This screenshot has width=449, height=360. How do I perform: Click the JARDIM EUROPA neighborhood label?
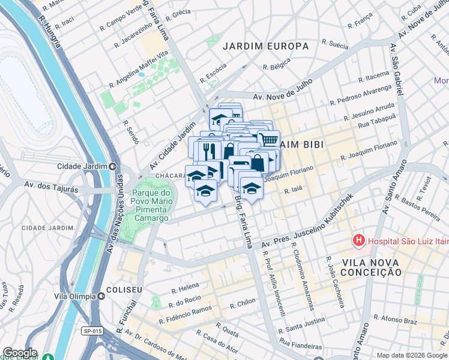coord(265,46)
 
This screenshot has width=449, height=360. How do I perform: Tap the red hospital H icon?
coord(359,241)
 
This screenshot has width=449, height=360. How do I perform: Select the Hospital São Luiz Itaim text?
coord(405,241)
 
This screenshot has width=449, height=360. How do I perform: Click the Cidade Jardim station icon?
coord(112,166)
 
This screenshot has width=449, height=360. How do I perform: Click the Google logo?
coord(20,353)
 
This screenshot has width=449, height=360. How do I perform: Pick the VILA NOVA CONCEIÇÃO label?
coord(372,267)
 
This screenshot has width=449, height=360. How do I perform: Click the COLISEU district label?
coord(124,290)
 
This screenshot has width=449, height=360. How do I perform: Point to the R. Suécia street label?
coord(335,43)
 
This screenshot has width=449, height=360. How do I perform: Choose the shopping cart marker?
coord(270,139)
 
